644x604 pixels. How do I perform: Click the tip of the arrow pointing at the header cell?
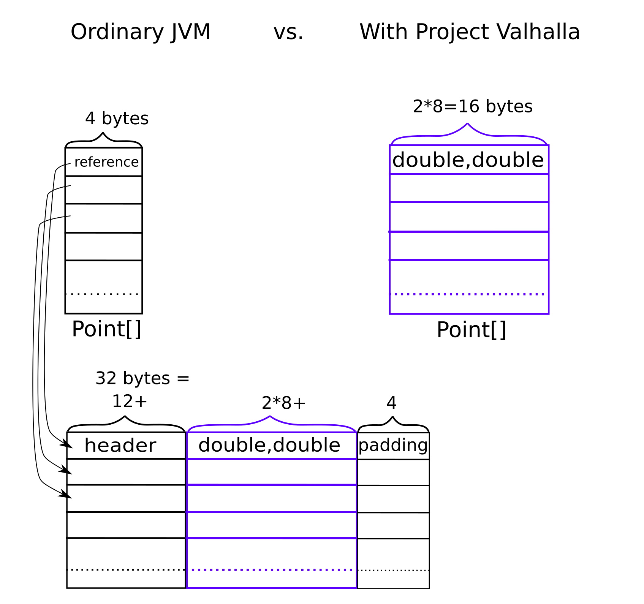click(x=72, y=447)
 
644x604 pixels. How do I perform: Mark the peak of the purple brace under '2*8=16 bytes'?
click(x=467, y=123)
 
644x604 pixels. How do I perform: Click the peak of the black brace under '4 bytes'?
click(x=103, y=133)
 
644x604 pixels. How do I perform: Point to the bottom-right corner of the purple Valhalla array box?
click(x=549, y=314)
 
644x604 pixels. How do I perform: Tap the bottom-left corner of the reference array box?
click(x=65, y=313)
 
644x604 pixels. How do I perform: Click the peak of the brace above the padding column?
click(x=392, y=417)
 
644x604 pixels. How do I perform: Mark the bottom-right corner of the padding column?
click(x=429, y=588)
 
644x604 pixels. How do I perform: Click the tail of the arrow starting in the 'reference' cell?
click(x=71, y=164)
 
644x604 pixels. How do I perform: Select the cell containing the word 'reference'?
click(x=104, y=162)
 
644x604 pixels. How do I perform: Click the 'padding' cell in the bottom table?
click(x=393, y=446)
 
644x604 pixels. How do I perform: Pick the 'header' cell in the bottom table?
click(x=126, y=445)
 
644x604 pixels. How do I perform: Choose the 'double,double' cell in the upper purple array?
click(x=469, y=160)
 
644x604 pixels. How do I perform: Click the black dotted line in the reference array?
click(x=102, y=294)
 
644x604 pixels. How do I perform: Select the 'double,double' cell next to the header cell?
click(x=271, y=445)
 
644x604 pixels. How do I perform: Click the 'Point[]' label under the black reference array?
click(x=106, y=329)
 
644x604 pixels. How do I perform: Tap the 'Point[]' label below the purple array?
click(x=471, y=330)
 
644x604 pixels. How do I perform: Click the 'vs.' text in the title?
click(x=289, y=32)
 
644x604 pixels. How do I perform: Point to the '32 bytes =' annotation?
click(x=142, y=378)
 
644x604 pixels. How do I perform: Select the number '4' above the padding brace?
click(x=392, y=403)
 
